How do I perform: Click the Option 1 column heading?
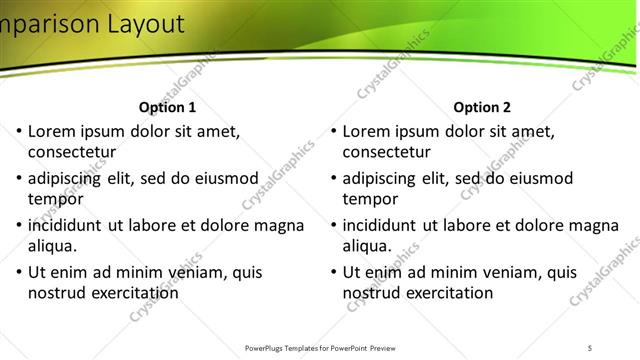(167, 107)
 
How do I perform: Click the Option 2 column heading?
(482, 107)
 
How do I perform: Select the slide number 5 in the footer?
(590, 347)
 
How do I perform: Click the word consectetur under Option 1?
(72, 153)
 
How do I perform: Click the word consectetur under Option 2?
(387, 153)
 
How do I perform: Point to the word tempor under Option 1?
(56, 199)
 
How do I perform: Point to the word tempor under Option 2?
(371, 199)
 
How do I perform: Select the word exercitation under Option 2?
(447, 293)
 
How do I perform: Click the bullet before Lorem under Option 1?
(18, 131)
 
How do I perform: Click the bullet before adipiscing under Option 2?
(333, 178)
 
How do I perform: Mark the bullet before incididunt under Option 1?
(18, 225)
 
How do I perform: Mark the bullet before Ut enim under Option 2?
(333, 272)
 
